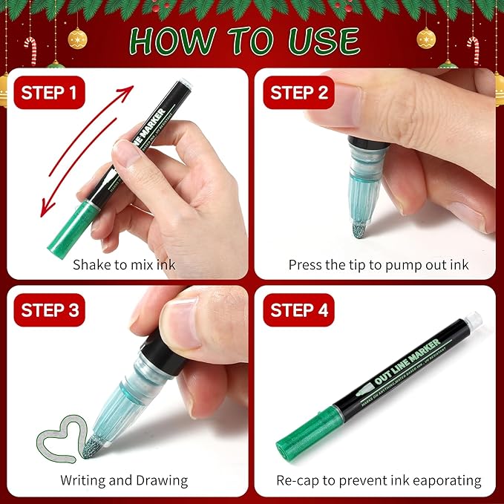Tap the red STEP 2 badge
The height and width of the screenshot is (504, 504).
[x=300, y=94]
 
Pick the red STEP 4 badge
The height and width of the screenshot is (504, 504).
[x=300, y=310]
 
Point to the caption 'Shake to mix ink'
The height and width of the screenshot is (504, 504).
[x=124, y=264]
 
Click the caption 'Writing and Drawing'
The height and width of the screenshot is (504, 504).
[x=124, y=480]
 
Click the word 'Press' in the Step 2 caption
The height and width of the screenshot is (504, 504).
[x=305, y=264]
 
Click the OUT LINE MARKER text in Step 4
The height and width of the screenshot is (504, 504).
[x=408, y=369]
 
